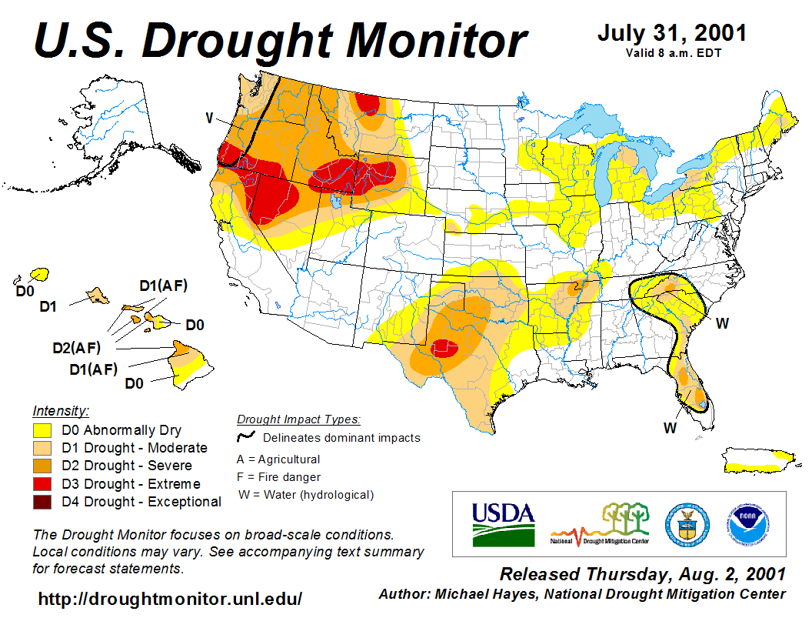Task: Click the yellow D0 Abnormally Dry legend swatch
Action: click(x=42, y=430)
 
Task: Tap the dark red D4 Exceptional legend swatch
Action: click(x=42, y=502)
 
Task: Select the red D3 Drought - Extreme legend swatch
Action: click(x=42, y=484)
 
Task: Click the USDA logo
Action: click(x=503, y=523)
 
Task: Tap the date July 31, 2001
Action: click(x=671, y=34)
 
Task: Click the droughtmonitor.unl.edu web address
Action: click(x=170, y=598)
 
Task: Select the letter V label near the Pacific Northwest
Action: click(x=208, y=118)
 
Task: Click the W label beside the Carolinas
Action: click(x=722, y=323)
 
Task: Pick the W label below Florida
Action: click(x=670, y=428)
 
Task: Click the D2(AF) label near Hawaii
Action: click(x=77, y=348)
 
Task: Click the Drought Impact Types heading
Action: click(x=298, y=419)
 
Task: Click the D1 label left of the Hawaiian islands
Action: click(x=48, y=307)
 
